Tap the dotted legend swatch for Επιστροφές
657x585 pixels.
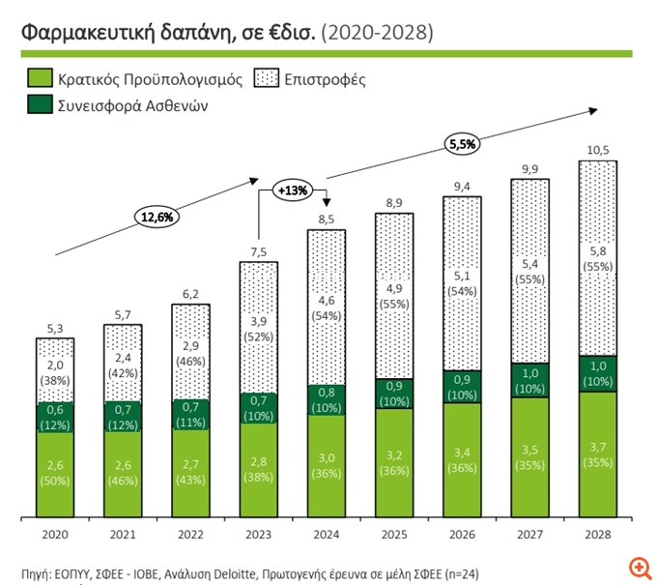pos(265,77)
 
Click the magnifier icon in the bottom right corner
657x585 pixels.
pos(637,567)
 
